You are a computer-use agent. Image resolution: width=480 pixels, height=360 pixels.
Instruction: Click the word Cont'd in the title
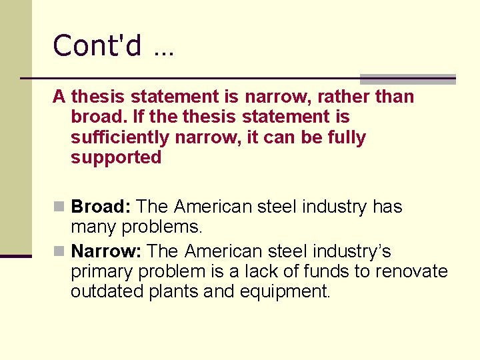[97, 46]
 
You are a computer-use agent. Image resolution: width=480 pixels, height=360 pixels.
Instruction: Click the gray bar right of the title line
[407, 79]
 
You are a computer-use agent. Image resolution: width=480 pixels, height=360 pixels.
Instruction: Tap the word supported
[116, 158]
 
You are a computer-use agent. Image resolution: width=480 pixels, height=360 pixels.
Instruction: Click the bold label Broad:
[101, 207]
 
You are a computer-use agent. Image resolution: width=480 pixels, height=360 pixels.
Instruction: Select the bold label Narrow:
[107, 251]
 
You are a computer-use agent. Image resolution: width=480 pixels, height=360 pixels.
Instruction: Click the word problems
[161, 227]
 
